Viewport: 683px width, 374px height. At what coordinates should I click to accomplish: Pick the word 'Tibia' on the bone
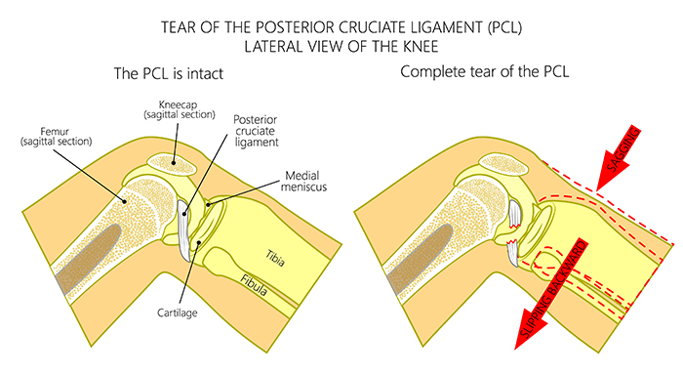(x=274, y=254)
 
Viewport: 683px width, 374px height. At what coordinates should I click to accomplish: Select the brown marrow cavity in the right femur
(x=410, y=259)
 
